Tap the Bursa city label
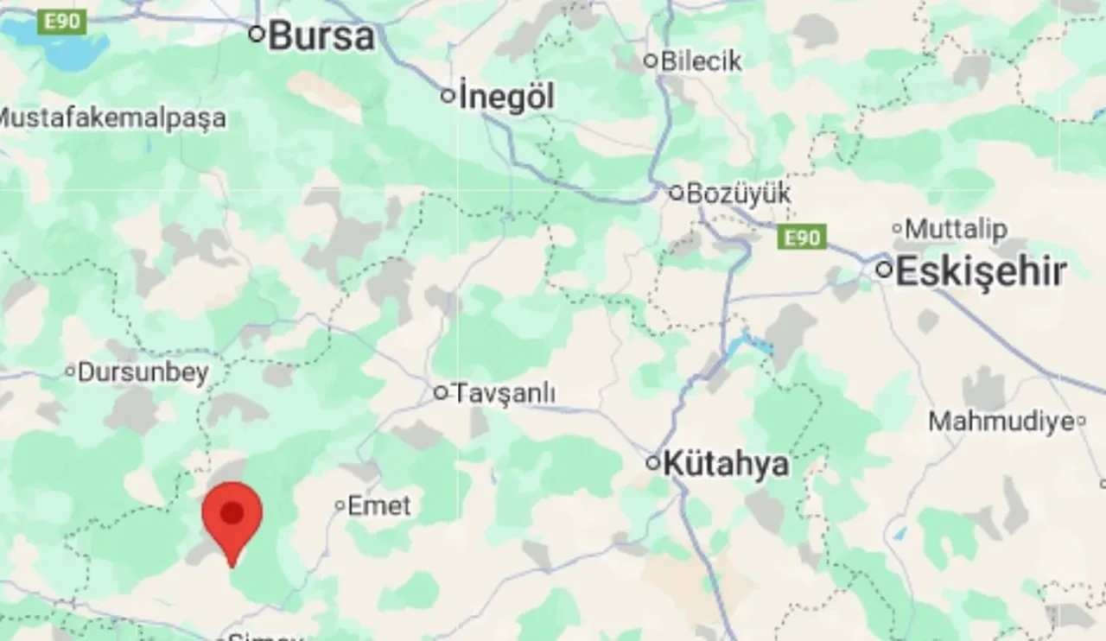pos(321,36)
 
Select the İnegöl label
pos(506,97)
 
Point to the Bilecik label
pos(701,61)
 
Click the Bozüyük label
pos(738,194)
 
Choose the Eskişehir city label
pos(980,272)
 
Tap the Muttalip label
pos(956,230)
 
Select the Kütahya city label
pos(726,464)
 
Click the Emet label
pos(379,506)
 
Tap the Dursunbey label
pos(143,372)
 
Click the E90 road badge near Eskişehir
pos(802,238)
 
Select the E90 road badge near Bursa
pos(62,22)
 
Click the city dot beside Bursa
pos(256,35)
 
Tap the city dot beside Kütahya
pos(653,463)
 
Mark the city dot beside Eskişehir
pos(883,270)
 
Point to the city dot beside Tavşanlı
pos(441,393)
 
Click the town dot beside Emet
pos(340,505)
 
